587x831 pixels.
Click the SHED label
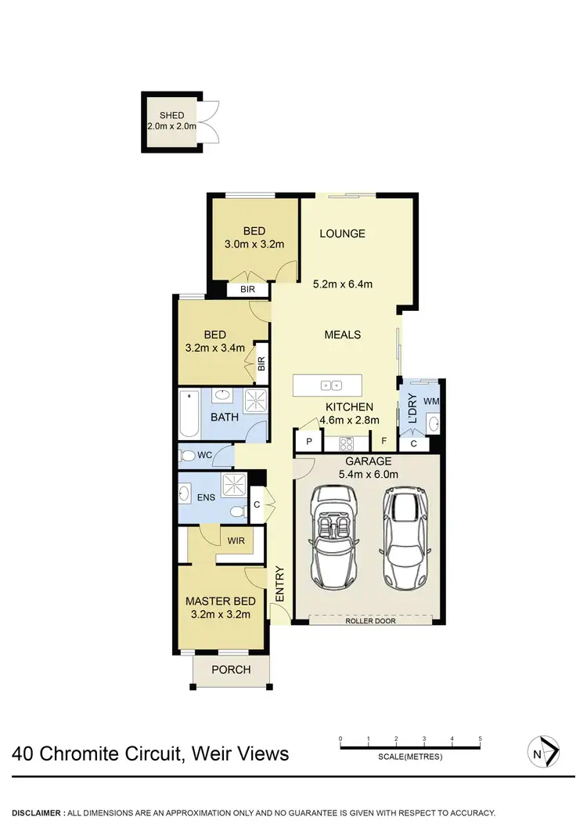(171, 115)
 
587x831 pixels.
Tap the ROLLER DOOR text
(369, 620)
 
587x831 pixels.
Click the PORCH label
(232, 670)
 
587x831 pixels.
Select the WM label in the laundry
(430, 401)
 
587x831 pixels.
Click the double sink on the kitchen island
(328, 385)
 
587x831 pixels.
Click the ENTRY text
(280, 583)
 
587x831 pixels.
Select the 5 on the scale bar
(479, 739)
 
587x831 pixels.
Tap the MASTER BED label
(220, 602)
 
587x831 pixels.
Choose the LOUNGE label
(342, 233)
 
